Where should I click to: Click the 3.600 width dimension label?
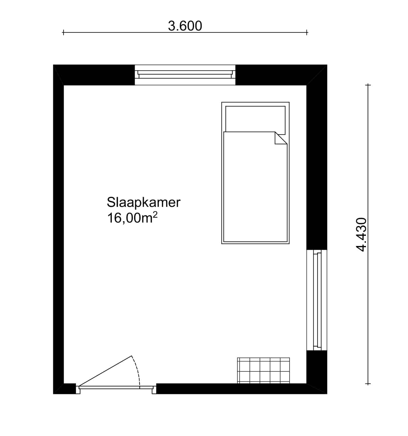[x=185, y=26]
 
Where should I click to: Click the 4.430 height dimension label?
[x=361, y=235]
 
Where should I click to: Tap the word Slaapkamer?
[x=144, y=202]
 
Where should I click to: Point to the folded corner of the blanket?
[x=280, y=138]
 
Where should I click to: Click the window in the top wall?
[x=185, y=75]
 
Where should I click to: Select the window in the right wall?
[x=317, y=300]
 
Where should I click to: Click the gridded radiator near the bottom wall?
[x=263, y=370]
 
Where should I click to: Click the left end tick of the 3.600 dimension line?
[x=63, y=33]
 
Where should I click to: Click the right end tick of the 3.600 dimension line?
[x=307, y=33]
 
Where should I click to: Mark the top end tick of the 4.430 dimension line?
[x=368, y=85]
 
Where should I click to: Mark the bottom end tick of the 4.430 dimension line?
[x=368, y=384]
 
